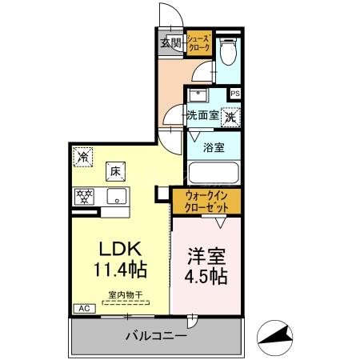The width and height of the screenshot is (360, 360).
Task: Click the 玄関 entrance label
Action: coord(170,43)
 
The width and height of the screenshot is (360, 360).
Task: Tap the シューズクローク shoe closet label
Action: coord(199,43)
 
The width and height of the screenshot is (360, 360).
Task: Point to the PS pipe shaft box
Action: coord(234,94)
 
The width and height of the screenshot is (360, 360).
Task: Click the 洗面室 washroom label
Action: coord(203,115)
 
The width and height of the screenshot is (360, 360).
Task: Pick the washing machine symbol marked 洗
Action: coord(230,116)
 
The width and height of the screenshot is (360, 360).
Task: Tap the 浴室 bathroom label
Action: coord(213,147)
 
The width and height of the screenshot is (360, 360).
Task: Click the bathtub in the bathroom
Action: coord(213,174)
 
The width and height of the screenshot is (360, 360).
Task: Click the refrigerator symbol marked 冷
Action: coord(82,157)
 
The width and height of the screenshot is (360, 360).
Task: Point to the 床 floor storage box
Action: coord(114,170)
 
